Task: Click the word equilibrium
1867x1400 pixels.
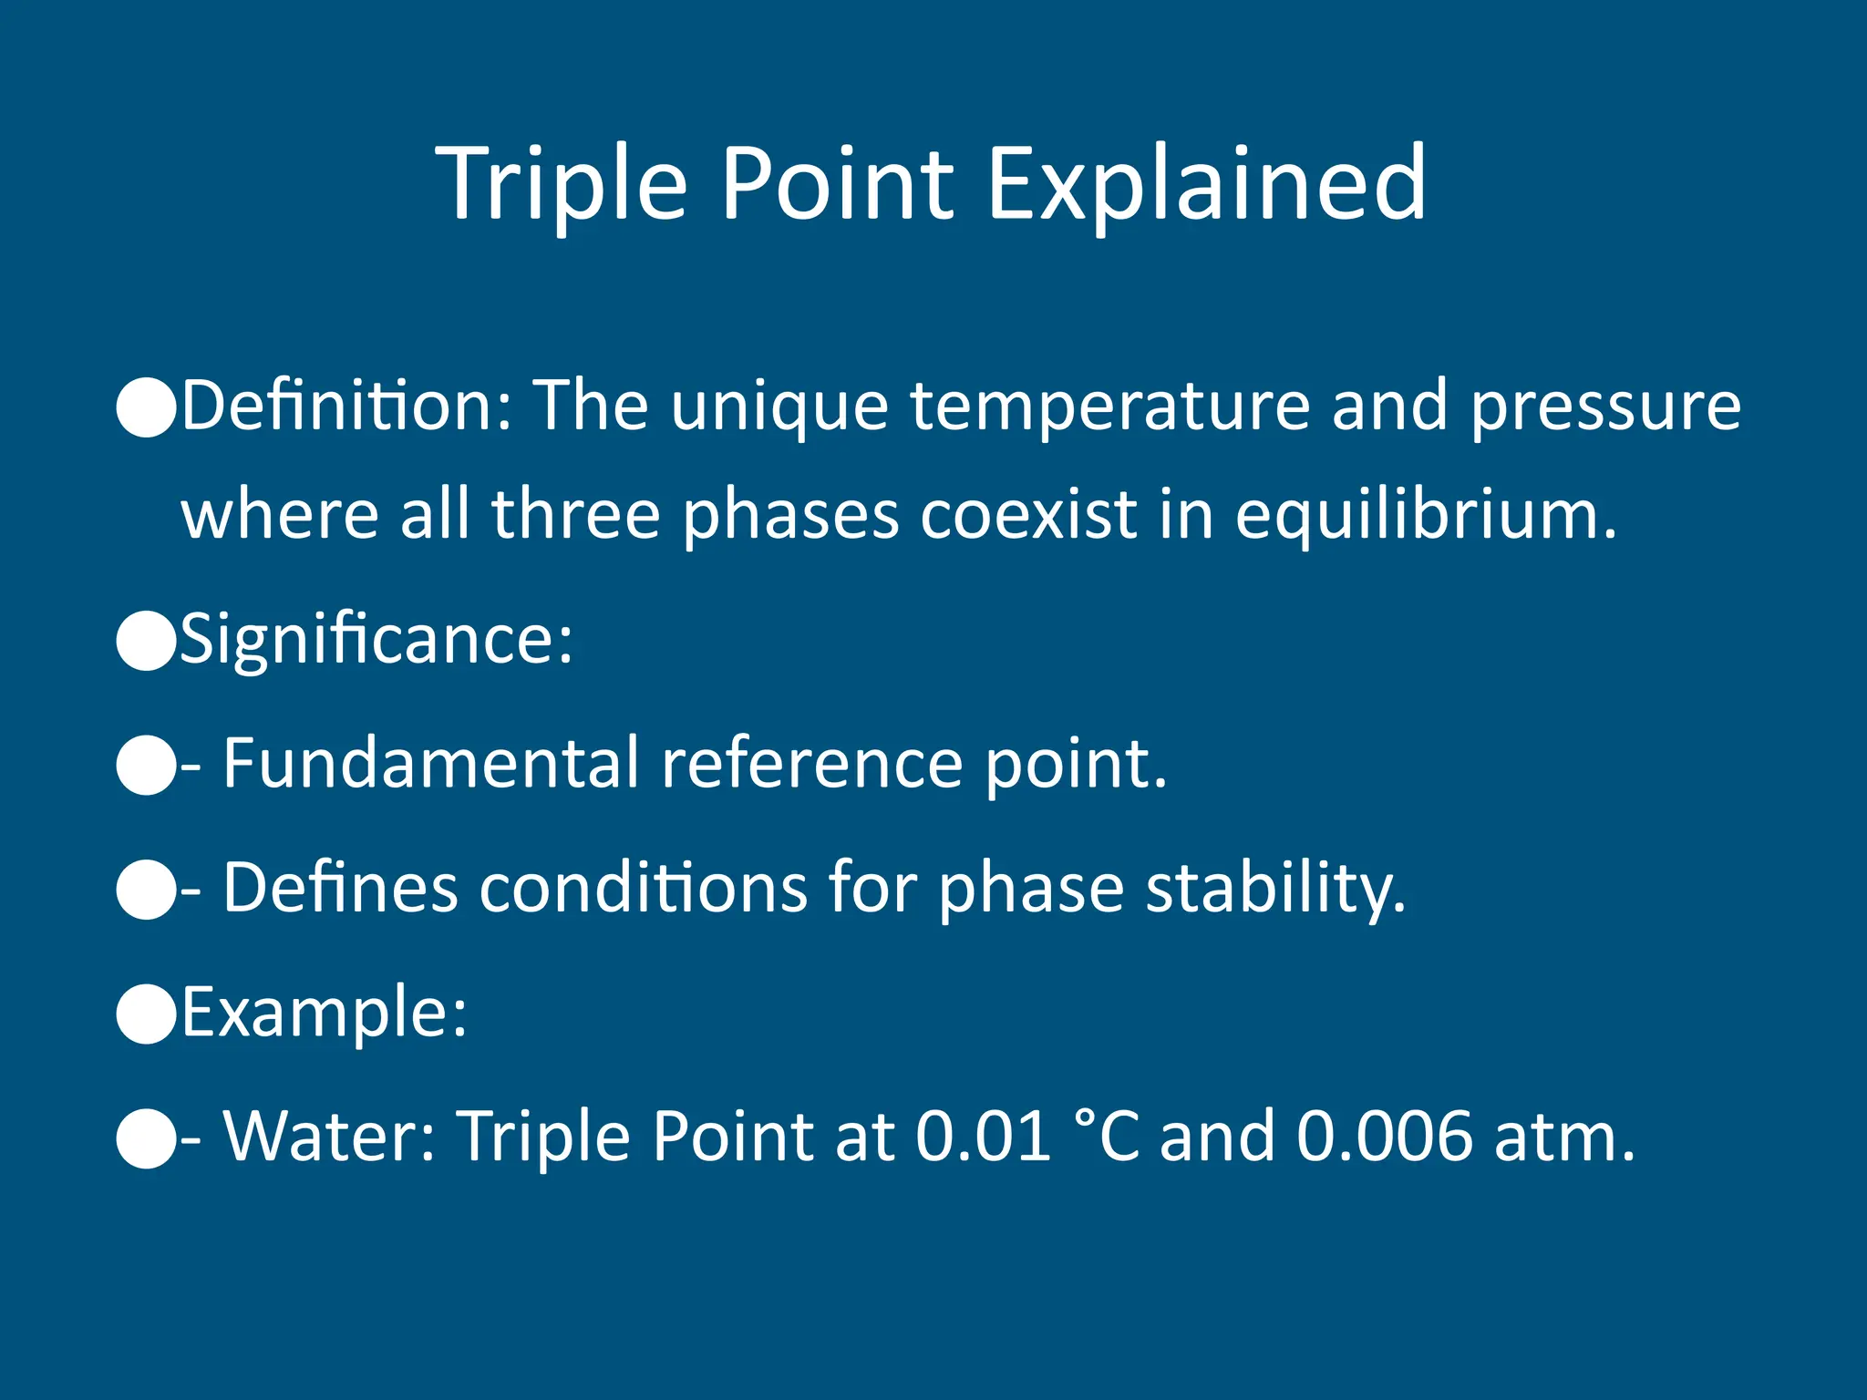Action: [x=1425, y=515]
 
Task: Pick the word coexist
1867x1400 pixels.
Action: [x=1029, y=515]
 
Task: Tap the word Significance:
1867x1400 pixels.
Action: [x=376, y=641]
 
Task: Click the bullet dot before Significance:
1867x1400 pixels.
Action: [x=146, y=642]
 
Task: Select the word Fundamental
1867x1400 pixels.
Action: [x=430, y=764]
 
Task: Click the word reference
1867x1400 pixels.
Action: [x=811, y=764]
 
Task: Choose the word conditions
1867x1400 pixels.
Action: [x=643, y=889]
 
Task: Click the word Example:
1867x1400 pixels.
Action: [x=324, y=1013]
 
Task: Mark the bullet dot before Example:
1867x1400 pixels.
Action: [x=146, y=1014]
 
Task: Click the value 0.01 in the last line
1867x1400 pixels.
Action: [x=983, y=1137]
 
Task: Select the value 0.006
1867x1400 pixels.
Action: [x=1384, y=1137]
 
